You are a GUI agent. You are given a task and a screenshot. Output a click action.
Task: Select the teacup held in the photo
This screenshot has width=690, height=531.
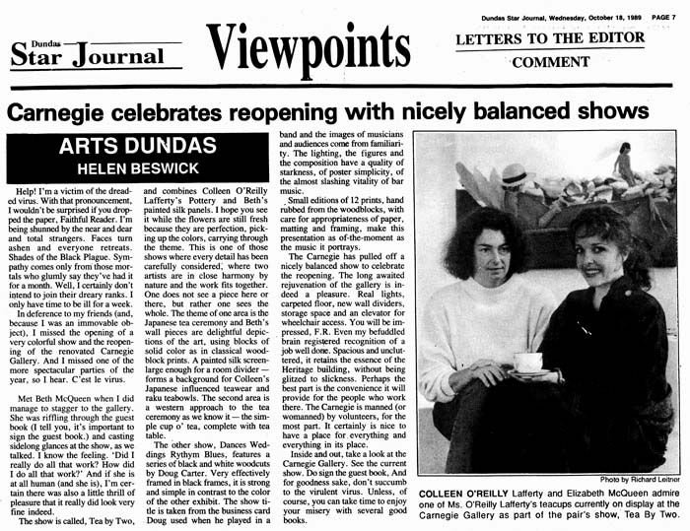[527, 362]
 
